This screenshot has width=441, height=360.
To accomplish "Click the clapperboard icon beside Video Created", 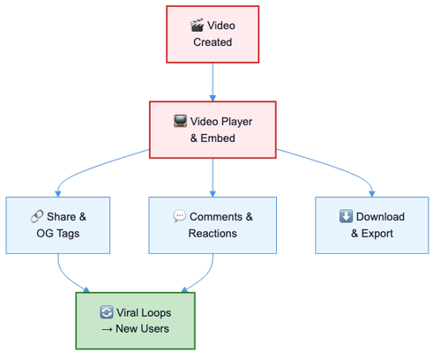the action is (197, 26).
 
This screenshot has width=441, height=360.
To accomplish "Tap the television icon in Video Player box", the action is (180, 121).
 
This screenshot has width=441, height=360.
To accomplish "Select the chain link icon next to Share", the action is (37, 216).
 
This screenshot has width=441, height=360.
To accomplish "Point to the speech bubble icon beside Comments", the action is (179, 216).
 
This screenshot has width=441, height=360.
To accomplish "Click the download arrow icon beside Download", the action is (346, 216).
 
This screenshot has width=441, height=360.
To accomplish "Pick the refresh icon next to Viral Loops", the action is (106, 312).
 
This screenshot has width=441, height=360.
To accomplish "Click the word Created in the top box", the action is (213, 42).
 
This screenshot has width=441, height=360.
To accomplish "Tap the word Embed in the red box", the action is (218, 138).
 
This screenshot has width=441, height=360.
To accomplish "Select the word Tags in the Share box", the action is (68, 234).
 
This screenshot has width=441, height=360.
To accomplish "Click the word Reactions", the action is (213, 234).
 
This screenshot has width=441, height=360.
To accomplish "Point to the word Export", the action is (377, 234).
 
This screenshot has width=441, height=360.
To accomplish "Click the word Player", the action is (236, 122).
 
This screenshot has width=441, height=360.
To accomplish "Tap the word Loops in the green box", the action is (156, 313).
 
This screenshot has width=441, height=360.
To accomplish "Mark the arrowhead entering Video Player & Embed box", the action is (213, 98).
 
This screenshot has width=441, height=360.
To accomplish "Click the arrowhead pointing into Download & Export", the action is (372, 193).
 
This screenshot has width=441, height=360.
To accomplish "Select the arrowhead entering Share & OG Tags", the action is (58, 193).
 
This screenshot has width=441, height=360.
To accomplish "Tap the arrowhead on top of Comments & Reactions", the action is (213, 193).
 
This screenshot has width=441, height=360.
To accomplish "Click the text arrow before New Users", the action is (107, 329).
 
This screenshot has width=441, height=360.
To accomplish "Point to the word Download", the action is (380, 217).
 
